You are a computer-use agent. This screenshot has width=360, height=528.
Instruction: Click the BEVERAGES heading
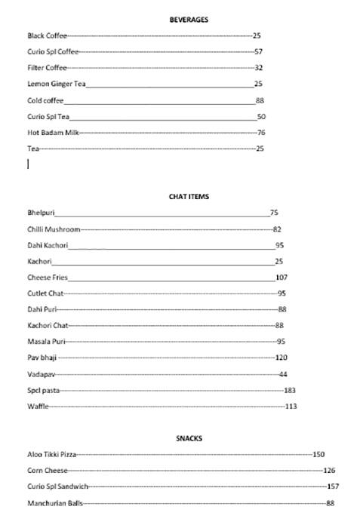coord(189,20)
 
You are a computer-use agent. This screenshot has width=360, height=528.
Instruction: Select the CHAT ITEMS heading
coord(189,196)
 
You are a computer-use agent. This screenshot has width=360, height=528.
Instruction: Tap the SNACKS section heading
coord(189,438)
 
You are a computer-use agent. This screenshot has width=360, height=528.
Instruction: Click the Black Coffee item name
coord(47,35)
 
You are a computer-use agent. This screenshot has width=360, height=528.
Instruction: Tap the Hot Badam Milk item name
coord(53,133)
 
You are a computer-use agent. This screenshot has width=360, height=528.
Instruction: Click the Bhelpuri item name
coord(41,213)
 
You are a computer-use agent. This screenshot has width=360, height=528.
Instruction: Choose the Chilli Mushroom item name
coord(53,229)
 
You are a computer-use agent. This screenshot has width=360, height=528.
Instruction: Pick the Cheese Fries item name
coord(47,278)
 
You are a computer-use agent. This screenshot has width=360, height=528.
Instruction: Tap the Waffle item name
coord(38,407)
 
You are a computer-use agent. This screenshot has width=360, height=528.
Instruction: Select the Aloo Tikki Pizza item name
coord(51,455)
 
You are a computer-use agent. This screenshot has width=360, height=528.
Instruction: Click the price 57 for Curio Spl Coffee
coord(258,52)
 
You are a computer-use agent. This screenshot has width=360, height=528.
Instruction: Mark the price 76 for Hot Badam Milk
coord(261,133)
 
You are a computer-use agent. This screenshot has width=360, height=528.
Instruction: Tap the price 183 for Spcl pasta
coord(289,390)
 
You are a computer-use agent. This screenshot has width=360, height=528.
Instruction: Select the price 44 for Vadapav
coord(283,374)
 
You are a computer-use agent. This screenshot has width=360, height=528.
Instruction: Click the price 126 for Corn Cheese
coord(329,471)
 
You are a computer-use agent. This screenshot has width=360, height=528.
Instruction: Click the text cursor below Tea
coord(29,164)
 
